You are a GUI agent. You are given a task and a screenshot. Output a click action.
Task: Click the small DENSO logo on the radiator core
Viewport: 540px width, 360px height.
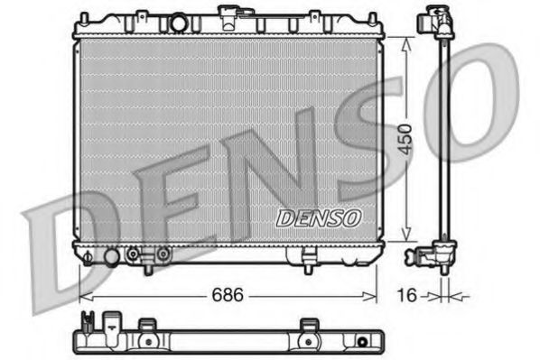pyautogui.click(x=319, y=217)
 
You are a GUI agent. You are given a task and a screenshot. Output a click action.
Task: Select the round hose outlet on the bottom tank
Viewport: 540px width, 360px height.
pyautogui.click(x=111, y=258)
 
